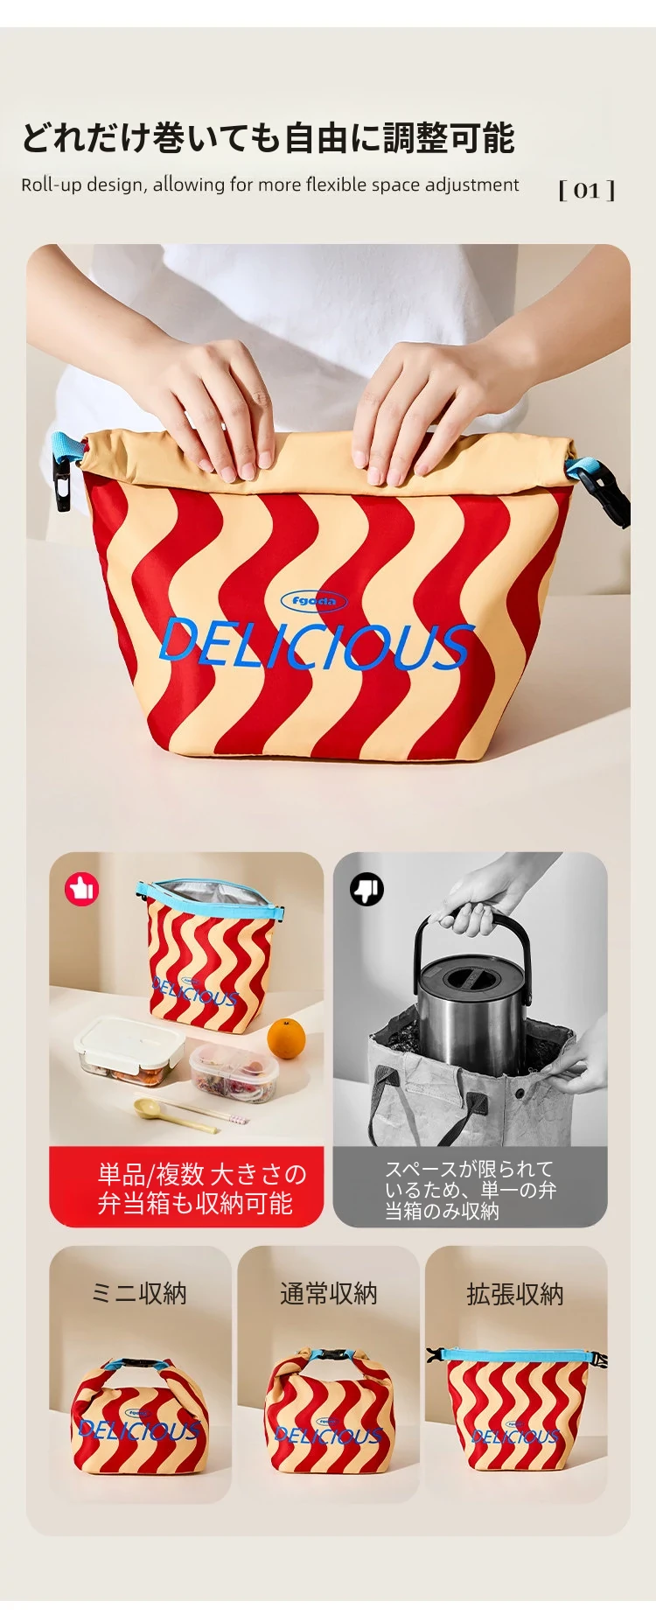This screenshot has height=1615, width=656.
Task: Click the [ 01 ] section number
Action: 587,190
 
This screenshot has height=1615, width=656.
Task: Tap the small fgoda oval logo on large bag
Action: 314,601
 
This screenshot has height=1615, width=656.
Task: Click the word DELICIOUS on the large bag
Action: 317,645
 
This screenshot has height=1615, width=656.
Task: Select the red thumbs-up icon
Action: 81,890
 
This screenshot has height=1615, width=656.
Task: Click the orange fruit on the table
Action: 286,1038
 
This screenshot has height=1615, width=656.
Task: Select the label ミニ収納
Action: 140,1293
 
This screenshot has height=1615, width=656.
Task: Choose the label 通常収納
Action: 329,1293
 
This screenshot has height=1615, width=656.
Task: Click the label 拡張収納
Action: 515,1294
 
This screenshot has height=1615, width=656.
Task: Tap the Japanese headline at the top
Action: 269,137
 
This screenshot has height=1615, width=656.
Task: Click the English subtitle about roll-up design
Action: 270,185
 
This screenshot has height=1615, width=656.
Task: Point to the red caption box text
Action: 201,1188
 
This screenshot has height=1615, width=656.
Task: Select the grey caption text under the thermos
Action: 471,1190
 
